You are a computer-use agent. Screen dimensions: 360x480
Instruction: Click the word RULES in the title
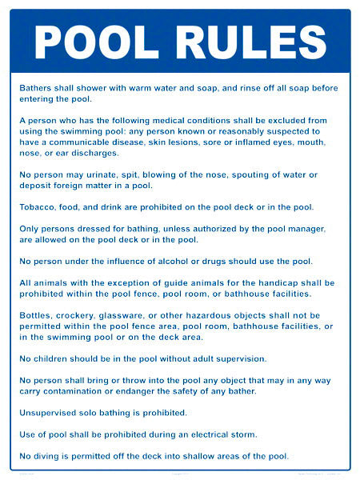pos(242,42)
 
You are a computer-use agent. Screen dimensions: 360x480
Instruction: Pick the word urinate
pos(115,174)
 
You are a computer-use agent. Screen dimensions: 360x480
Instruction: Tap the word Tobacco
pos(41,207)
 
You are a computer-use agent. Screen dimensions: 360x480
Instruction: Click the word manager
pos(306,229)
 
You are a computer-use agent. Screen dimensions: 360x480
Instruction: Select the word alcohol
pos(197,262)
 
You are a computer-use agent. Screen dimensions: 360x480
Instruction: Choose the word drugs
pos(237,262)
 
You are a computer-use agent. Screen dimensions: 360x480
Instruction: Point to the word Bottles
pos(38,315)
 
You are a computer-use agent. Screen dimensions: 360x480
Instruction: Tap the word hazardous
pos(217,315)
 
